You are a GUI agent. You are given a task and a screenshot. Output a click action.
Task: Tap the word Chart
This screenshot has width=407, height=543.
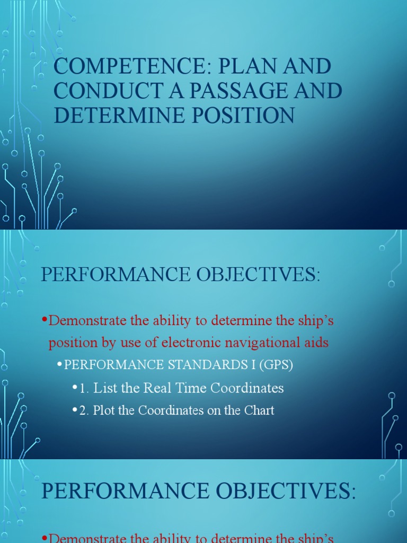point(259,410)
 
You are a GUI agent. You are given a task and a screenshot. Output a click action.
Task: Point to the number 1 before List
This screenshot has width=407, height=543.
point(83,388)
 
